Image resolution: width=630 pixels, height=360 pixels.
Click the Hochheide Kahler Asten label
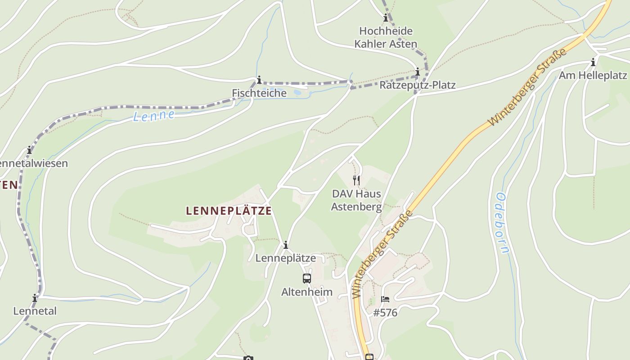point(386,37)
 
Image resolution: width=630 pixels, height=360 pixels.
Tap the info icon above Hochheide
point(386,18)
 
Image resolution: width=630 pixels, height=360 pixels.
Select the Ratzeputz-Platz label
point(417,85)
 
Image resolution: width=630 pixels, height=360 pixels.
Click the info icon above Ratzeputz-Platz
point(418,72)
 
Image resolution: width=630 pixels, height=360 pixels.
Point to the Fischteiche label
point(259,93)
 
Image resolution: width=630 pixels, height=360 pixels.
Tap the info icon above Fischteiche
point(259,80)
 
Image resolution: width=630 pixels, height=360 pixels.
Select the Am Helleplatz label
point(593,75)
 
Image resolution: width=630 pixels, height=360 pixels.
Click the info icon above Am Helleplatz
point(593,62)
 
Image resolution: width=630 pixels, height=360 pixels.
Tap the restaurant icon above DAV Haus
point(356,180)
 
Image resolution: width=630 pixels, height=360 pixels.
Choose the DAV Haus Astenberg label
point(356,200)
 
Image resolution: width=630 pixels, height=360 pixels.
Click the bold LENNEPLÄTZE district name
point(229,211)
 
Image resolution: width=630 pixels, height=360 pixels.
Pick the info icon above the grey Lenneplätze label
point(285,245)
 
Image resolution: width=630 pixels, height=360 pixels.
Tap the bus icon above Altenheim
point(307,279)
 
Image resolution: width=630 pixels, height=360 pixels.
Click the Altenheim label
point(307,292)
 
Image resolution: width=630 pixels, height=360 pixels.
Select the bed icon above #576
point(385,299)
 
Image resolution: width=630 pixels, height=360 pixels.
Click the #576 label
point(385,313)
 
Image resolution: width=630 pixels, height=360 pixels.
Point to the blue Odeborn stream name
point(501,223)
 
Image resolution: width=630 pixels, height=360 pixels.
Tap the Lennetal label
point(35,311)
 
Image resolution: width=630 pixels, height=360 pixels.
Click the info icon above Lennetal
point(35,298)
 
